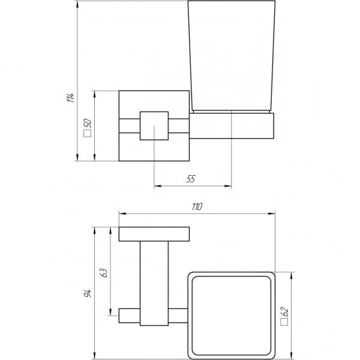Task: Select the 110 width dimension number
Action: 196,206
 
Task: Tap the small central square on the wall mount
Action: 154,125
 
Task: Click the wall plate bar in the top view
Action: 154,233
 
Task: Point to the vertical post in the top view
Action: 154,282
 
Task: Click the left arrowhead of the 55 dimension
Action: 157,185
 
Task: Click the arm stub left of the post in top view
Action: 129,314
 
